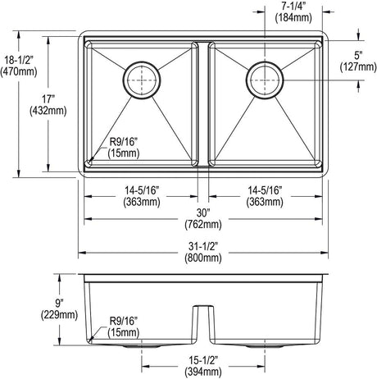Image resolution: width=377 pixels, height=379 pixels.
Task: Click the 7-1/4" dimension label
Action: [x=293, y=7]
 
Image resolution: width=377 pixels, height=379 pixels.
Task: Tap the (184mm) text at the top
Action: [x=293, y=18]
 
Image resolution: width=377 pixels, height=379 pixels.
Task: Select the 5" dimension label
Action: [x=358, y=56]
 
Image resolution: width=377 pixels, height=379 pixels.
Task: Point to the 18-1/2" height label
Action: [x=18, y=60]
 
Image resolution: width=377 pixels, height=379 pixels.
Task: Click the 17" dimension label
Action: [x=48, y=98]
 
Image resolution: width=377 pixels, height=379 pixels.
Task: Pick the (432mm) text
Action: [x=48, y=111]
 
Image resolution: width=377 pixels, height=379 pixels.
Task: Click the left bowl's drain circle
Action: [x=141, y=80]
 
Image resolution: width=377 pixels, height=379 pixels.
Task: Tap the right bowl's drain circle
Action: [x=265, y=80]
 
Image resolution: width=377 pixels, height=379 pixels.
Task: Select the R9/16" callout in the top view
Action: [x=123, y=142]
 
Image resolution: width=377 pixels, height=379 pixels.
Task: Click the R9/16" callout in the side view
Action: [x=123, y=321]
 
